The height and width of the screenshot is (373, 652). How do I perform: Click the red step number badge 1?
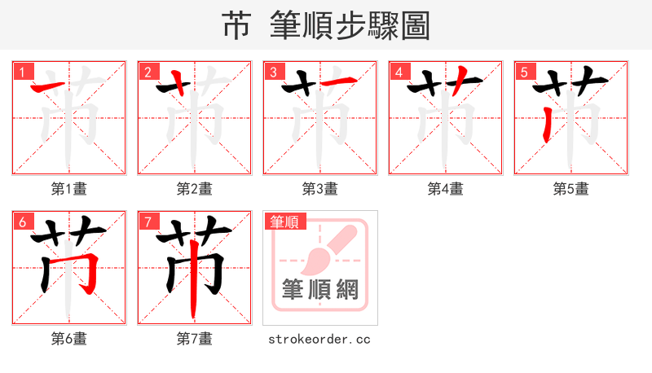click(x=21, y=71)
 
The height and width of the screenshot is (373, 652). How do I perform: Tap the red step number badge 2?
click(x=147, y=71)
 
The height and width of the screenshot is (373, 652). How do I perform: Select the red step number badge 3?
click(x=272, y=71)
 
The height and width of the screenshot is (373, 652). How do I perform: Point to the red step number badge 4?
click(x=398, y=71)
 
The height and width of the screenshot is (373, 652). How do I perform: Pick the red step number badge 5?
click(x=523, y=71)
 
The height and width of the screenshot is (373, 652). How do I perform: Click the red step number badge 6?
click(x=21, y=221)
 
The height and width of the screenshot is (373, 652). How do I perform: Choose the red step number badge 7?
click(x=147, y=221)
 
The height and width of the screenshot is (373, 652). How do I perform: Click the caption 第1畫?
click(x=69, y=189)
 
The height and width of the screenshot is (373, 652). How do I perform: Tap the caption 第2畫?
click(x=195, y=189)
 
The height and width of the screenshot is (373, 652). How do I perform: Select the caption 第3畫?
click(x=320, y=189)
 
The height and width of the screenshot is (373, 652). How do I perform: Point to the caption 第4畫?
click(x=446, y=189)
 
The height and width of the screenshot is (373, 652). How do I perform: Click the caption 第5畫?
click(x=571, y=189)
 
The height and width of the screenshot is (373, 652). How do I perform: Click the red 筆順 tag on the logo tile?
click(x=284, y=221)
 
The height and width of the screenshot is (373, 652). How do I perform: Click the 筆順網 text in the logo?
click(x=319, y=290)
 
